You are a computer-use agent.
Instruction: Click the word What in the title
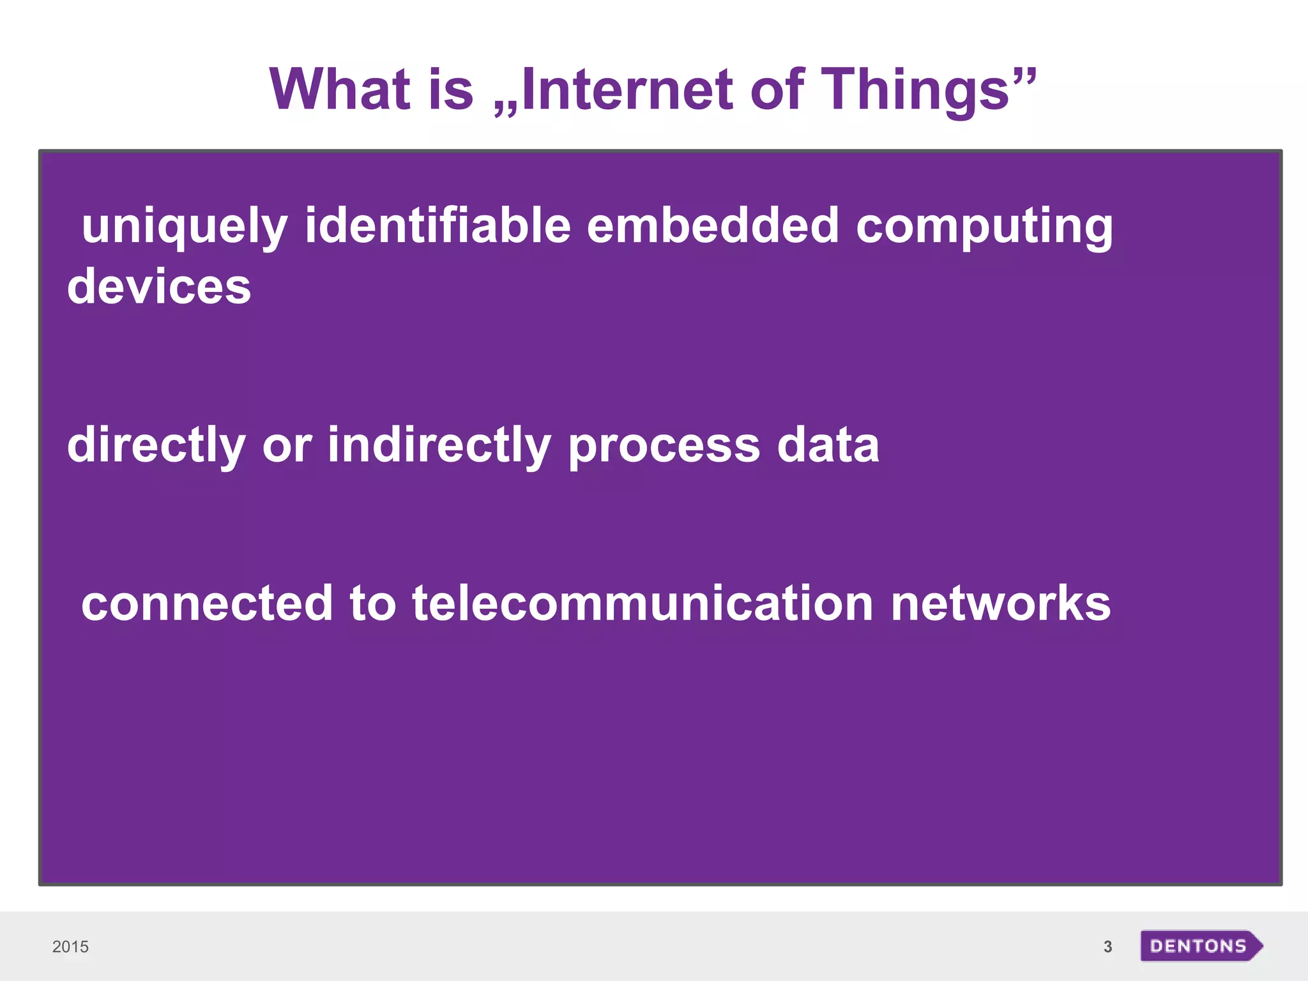339,89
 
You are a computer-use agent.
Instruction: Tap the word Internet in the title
627,89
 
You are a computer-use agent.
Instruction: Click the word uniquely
185,227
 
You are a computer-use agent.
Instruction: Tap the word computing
984,227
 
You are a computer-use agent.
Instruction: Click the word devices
159,287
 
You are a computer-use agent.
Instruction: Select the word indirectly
439,445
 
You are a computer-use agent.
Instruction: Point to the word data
828,445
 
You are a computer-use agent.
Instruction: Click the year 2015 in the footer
70,947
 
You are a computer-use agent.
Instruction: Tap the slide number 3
1107,947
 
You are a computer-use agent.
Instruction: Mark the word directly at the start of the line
156,445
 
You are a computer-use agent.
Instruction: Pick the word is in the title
450,89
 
